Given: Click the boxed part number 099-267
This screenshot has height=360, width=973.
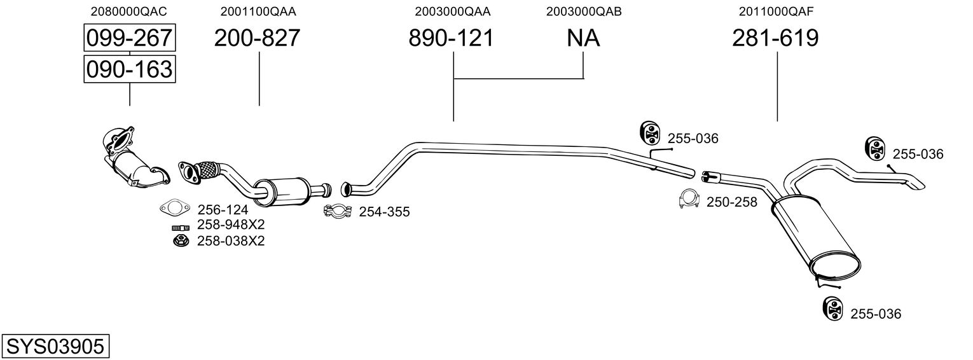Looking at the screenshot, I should pyautogui.click(x=129, y=38).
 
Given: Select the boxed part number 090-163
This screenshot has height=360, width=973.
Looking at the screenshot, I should pyautogui.click(x=129, y=69).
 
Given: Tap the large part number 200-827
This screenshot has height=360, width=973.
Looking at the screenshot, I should pyautogui.click(x=257, y=38).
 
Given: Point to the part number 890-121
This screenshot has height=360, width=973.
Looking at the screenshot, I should pyautogui.click(x=451, y=38).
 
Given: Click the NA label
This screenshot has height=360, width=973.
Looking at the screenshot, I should pyautogui.click(x=583, y=38).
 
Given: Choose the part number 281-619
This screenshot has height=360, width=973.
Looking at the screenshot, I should pyautogui.click(x=775, y=38).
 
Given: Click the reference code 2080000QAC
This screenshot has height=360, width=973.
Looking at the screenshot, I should pyautogui.click(x=129, y=11).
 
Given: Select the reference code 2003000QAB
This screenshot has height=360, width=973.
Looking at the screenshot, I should pyautogui.click(x=583, y=11).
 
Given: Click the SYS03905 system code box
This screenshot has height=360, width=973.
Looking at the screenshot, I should pyautogui.click(x=55, y=347).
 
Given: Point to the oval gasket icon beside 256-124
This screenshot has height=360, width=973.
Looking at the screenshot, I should pyautogui.click(x=175, y=208).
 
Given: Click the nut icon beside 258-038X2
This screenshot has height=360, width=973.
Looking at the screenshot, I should pyautogui.click(x=181, y=240).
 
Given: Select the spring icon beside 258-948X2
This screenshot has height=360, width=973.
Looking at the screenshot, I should pyautogui.click(x=181, y=227).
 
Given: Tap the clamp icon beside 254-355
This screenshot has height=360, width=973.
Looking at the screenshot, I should pyautogui.click(x=338, y=211).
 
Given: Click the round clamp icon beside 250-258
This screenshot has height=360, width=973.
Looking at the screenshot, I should pyautogui.click(x=690, y=200).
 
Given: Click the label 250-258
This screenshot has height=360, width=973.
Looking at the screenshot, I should pyautogui.click(x=732, y=202).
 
